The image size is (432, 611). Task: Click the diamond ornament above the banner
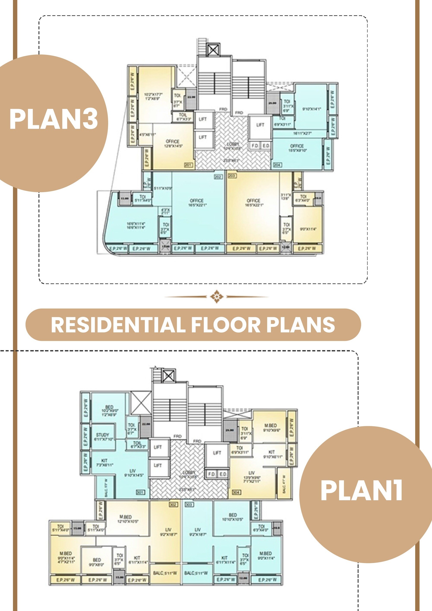(216, 296)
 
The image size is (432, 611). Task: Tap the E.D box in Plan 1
(223, 474)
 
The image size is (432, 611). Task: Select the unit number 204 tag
(277, 165)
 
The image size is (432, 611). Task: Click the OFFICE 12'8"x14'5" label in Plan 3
(172, 143)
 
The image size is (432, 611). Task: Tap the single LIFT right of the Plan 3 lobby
(260, 125)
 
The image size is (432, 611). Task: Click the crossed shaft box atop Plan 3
(213, 49)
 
